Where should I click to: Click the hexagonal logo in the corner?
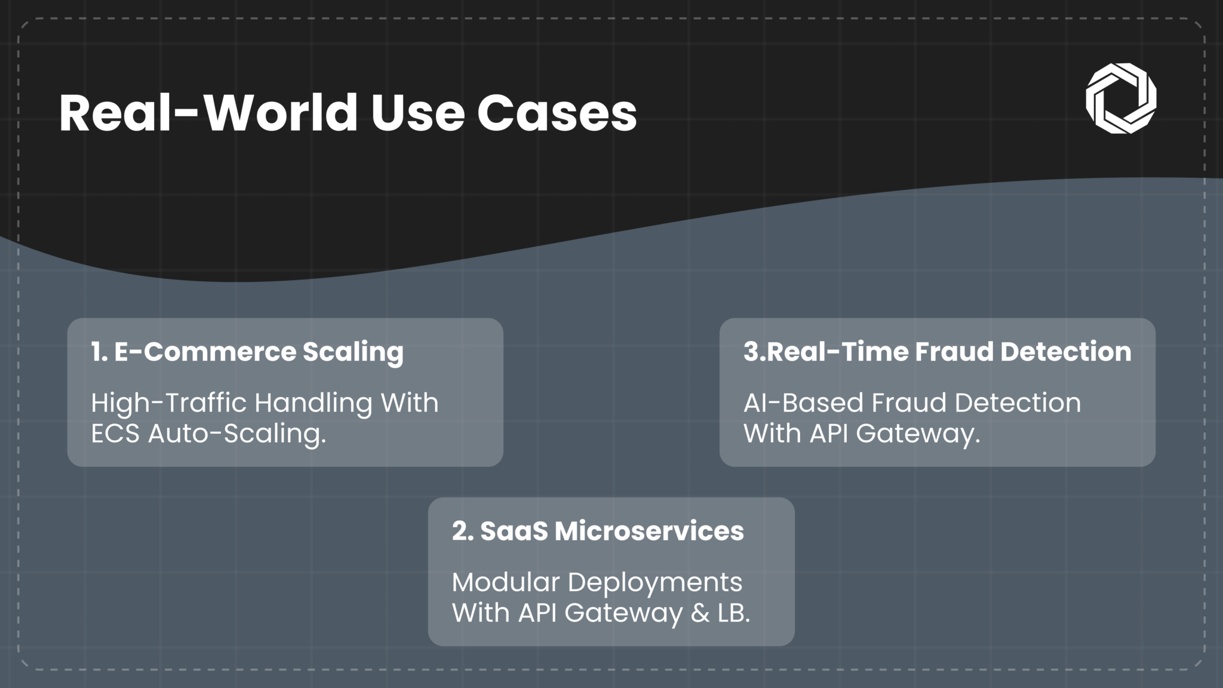click(1121, 98)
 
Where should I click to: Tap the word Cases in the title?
click(557, 113)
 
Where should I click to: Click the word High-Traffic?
click(168, 403)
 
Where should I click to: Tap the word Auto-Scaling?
click(237, 434)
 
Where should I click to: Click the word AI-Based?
click(803, 403)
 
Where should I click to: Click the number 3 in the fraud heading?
click(751, 351)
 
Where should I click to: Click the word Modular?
click(505, 582)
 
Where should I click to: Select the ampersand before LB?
click(700, 613)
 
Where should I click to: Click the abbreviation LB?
click(733, 613)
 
